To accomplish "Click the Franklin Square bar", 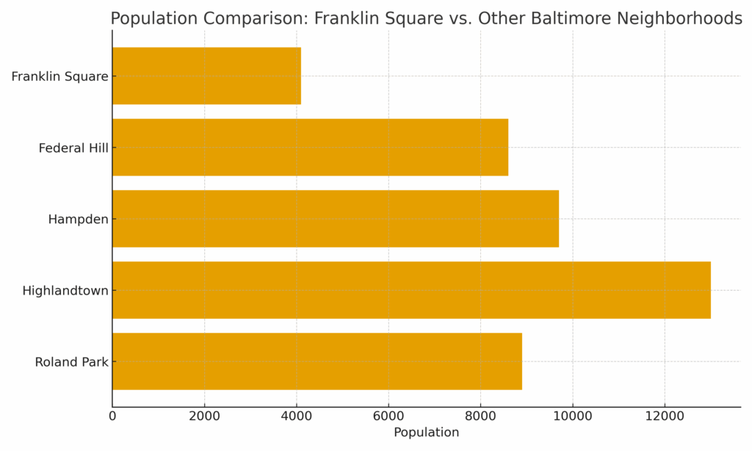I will click(x=206, y=76).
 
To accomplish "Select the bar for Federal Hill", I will click(x=310, y=147).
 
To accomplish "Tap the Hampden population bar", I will click(x=335, y=218).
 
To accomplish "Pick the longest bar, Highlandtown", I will click(x=411, y=290).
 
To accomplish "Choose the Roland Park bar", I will click(x=317, y=361).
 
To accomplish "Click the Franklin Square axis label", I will click(x=59, y=76).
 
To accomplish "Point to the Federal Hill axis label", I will click(x=73, y=148).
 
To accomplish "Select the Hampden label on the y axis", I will click(x=78, y=220).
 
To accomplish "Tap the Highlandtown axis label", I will click(x=65, y=291).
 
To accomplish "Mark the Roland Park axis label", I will click(x=71, y=362).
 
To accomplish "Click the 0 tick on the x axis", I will click(x=112, y=416).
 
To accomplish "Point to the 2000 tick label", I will click(x=204, y=416).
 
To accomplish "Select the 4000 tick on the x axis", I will click(x=297, y=416).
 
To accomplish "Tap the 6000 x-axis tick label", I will click(x=388, y=416).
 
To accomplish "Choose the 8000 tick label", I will click(x=480, y=416).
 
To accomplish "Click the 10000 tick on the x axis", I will click(x=573, y=416).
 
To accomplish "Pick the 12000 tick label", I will click(x=665, y=416).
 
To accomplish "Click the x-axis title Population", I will click(x=426, y=433).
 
